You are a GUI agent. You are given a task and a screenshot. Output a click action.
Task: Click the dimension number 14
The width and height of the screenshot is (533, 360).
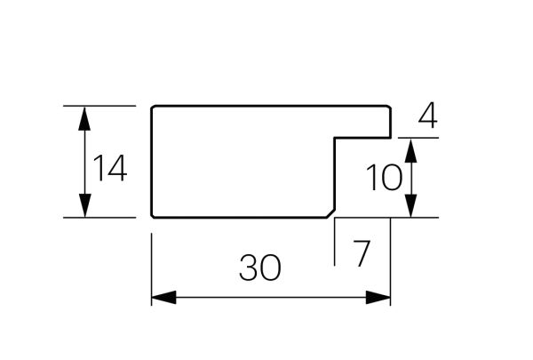coord(110,168)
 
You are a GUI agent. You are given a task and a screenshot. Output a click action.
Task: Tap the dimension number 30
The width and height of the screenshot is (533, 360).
coord(260,268)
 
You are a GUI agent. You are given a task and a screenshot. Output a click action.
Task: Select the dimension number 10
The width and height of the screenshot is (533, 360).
coord(384,177)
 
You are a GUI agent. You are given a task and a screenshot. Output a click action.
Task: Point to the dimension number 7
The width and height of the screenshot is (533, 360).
coord(362,253)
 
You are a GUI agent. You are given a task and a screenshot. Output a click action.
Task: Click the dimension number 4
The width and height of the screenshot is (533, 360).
coord(428,116)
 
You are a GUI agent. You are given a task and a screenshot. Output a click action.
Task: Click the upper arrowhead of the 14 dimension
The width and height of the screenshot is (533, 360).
coord(84,118)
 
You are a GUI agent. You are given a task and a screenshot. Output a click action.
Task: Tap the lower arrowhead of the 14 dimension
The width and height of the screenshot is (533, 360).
coord(84,205)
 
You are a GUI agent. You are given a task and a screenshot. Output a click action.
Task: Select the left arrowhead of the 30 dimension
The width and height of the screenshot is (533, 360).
coord(163,298)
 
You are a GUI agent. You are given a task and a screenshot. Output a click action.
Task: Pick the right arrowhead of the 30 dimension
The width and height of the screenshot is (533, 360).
coord(378,298)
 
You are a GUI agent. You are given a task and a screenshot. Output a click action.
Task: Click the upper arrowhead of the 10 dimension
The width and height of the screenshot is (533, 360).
coord(411,150)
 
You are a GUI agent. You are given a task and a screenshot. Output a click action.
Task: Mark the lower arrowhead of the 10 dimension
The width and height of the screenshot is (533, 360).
coord(411,205)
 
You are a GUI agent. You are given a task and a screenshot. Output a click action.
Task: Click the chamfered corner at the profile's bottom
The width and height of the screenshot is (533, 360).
coord(330,213)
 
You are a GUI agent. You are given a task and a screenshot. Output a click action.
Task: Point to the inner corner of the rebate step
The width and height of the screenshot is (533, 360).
coord(335,138)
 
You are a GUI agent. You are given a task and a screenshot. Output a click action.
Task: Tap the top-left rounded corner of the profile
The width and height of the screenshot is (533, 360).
coord(153,108)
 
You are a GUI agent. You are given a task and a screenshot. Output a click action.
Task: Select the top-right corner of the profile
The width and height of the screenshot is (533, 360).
coord(390,108)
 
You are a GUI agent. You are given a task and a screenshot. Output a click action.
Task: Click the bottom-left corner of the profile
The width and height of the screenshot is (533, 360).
coord(153,216)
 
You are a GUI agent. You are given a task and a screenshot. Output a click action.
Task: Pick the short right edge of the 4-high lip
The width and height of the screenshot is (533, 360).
coord(391,123)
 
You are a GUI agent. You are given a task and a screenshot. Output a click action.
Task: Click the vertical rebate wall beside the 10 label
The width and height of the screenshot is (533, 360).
coord(335,173)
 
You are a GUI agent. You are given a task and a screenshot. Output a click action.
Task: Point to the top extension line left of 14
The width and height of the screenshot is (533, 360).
coord(99,106)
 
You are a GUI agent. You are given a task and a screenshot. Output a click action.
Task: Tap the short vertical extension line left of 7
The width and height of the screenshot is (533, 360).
coord(335,242)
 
